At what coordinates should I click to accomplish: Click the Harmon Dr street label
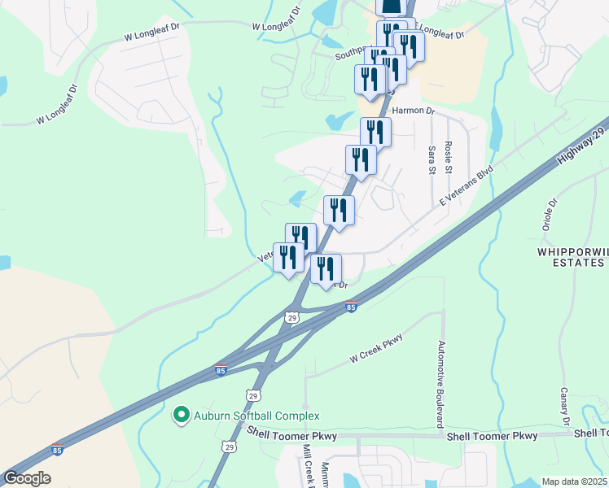(414, 110)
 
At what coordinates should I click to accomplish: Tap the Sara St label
(432, 159)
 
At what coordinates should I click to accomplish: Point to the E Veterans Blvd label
(467, 188)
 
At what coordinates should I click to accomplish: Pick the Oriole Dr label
(553, 214)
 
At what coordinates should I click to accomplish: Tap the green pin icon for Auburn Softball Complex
(182, 416)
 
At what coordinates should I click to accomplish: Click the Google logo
(26, 477)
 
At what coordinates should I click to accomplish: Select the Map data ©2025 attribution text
(574, 481)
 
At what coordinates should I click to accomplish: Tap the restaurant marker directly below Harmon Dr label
(375, 132)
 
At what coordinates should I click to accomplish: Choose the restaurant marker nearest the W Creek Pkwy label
(326, 268)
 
